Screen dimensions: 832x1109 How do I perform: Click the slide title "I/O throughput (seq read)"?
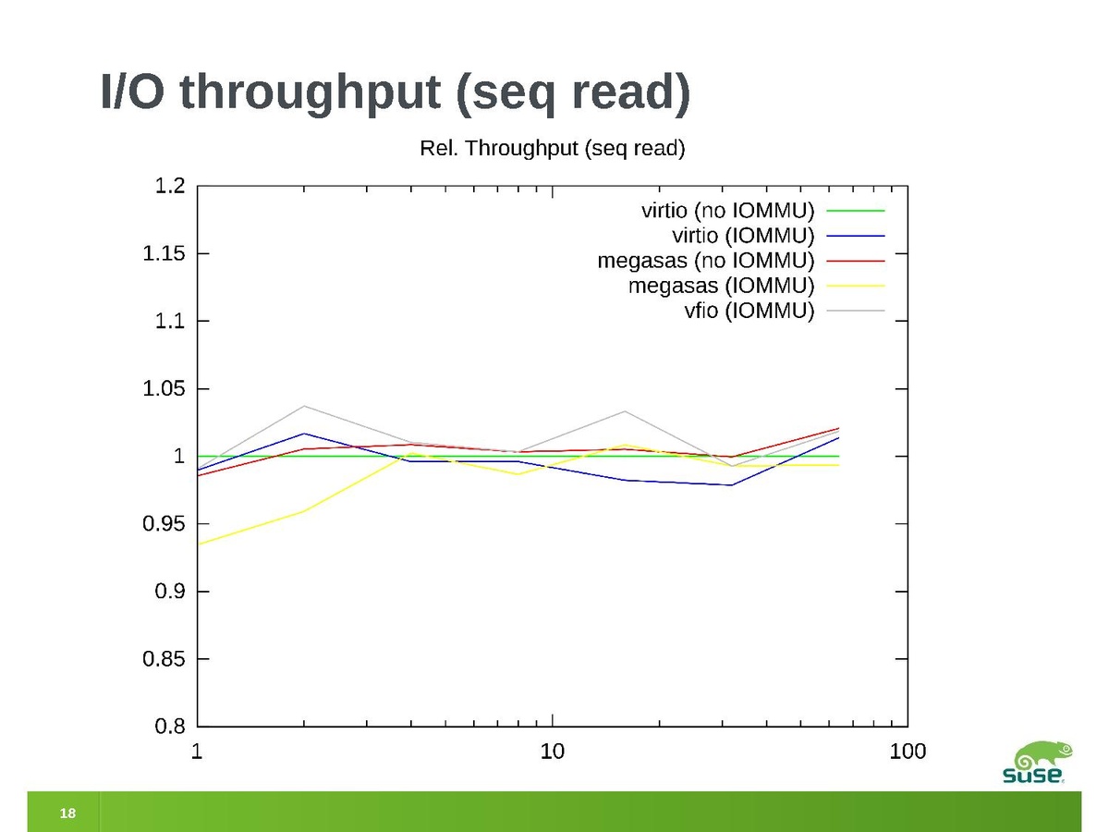(396, 96)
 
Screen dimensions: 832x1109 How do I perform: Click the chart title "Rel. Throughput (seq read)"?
(552, 148)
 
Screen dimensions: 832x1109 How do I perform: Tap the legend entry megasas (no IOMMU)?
(705, 260)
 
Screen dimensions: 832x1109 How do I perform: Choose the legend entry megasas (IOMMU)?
(721, 285)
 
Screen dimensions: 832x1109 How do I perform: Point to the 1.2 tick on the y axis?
(169, 186)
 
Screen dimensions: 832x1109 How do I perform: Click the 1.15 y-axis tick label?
(163, 253)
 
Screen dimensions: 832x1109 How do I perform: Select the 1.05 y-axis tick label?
(163, 389)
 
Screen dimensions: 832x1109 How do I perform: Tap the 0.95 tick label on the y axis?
(163, 524)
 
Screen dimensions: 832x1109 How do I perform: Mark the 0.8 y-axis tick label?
(169, 727)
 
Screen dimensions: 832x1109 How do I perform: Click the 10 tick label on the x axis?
(552, 752)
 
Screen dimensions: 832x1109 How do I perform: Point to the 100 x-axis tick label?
(908, 752)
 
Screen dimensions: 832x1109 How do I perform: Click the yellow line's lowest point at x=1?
(199, 544)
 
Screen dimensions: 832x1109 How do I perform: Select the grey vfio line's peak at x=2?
(304, 406)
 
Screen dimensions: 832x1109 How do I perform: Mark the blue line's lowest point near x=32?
(732, 485)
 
